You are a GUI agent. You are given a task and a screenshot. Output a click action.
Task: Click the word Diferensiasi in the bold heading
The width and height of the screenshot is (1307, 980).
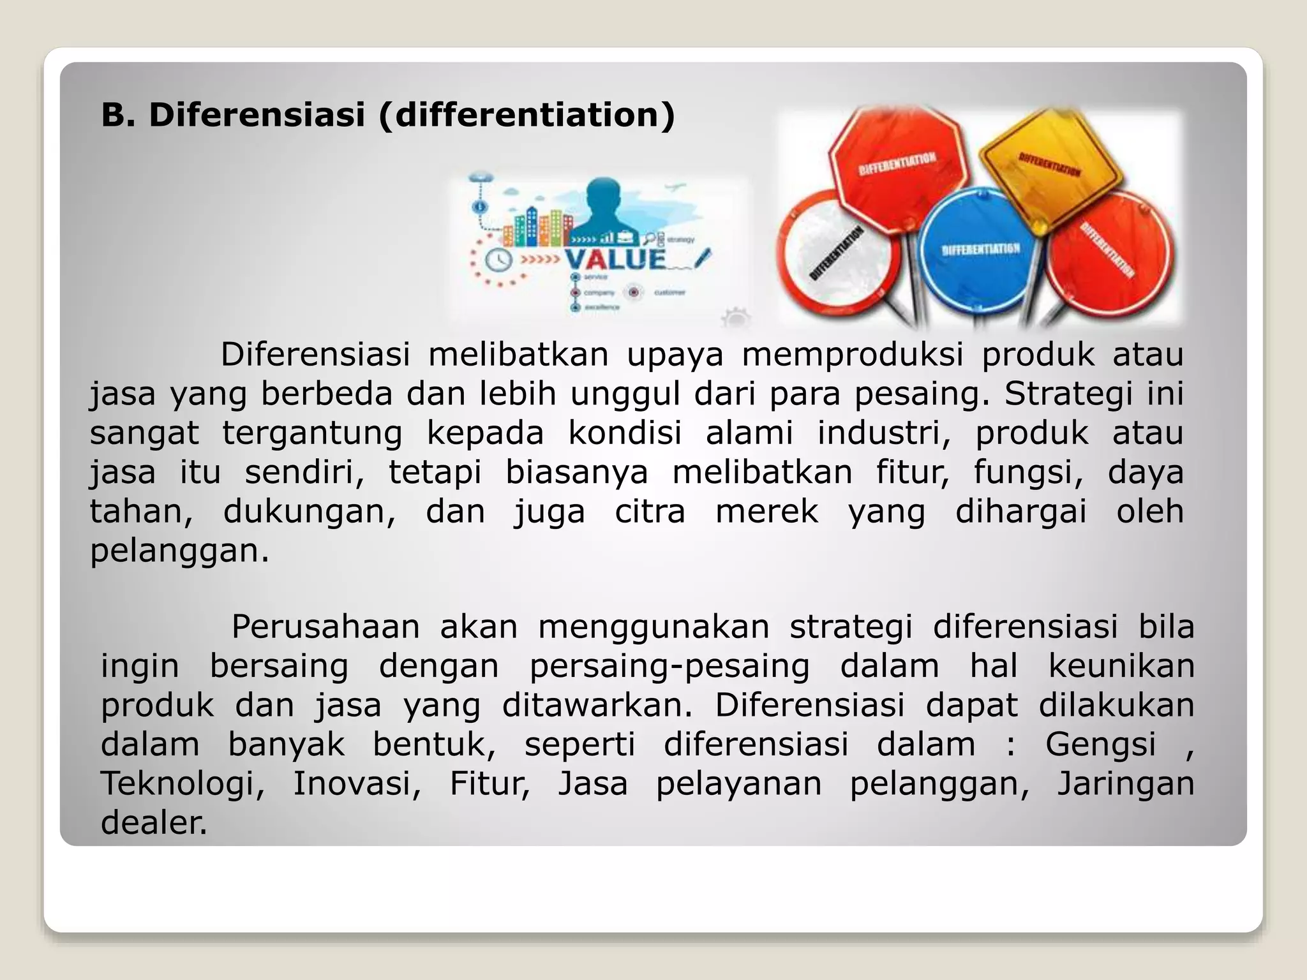click(257, 115)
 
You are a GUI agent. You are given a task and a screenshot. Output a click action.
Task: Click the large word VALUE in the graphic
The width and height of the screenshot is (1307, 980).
click(615, 259)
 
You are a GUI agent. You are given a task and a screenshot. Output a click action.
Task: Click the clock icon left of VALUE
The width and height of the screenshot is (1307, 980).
click(498, 260)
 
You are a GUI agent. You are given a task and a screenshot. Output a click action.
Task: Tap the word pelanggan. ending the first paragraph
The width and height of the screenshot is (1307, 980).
click(179, 551)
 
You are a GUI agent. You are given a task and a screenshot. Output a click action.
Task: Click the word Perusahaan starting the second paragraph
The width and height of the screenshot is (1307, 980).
click(325, 627)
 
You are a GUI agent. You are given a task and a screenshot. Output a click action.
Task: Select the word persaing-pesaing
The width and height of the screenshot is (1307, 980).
click(669, 666)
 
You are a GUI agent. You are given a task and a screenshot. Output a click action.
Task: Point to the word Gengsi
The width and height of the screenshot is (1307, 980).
click(1100, 745)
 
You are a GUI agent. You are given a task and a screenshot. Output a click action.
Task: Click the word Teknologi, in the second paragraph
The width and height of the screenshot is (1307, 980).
click(183, 783)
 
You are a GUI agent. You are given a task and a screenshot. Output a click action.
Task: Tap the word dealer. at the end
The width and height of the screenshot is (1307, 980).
click(154, 823)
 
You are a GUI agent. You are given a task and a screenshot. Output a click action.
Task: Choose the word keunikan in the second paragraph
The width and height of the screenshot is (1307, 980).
click(1121, 666)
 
